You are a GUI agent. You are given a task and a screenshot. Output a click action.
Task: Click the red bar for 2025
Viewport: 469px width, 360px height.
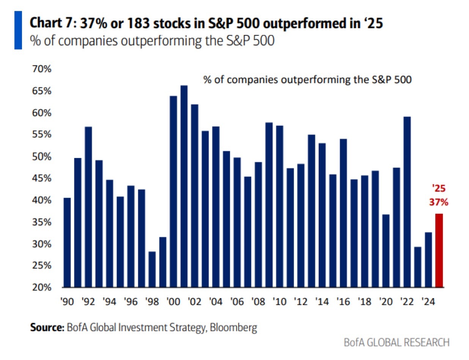pyautogui.click(x=439, y=250)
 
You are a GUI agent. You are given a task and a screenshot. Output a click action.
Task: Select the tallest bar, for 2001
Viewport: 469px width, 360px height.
pyautogui.click(x=184, y=186)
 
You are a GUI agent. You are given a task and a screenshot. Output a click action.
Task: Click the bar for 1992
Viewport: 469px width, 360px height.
pyautogui.click(x=88, y=207)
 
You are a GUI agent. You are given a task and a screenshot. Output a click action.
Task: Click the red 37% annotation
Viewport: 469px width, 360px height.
pyautogui.click(x=439, y=203)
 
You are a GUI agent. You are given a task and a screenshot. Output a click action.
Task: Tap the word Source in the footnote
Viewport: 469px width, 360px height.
pyautogui.click(x=47, y=327)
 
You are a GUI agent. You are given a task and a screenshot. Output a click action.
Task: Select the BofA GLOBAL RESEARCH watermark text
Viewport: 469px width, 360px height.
pyautogui.click(x=396, y=343)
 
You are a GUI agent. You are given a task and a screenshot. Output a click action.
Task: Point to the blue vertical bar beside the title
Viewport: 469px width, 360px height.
pyautogui.click(x=18, y=30)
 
